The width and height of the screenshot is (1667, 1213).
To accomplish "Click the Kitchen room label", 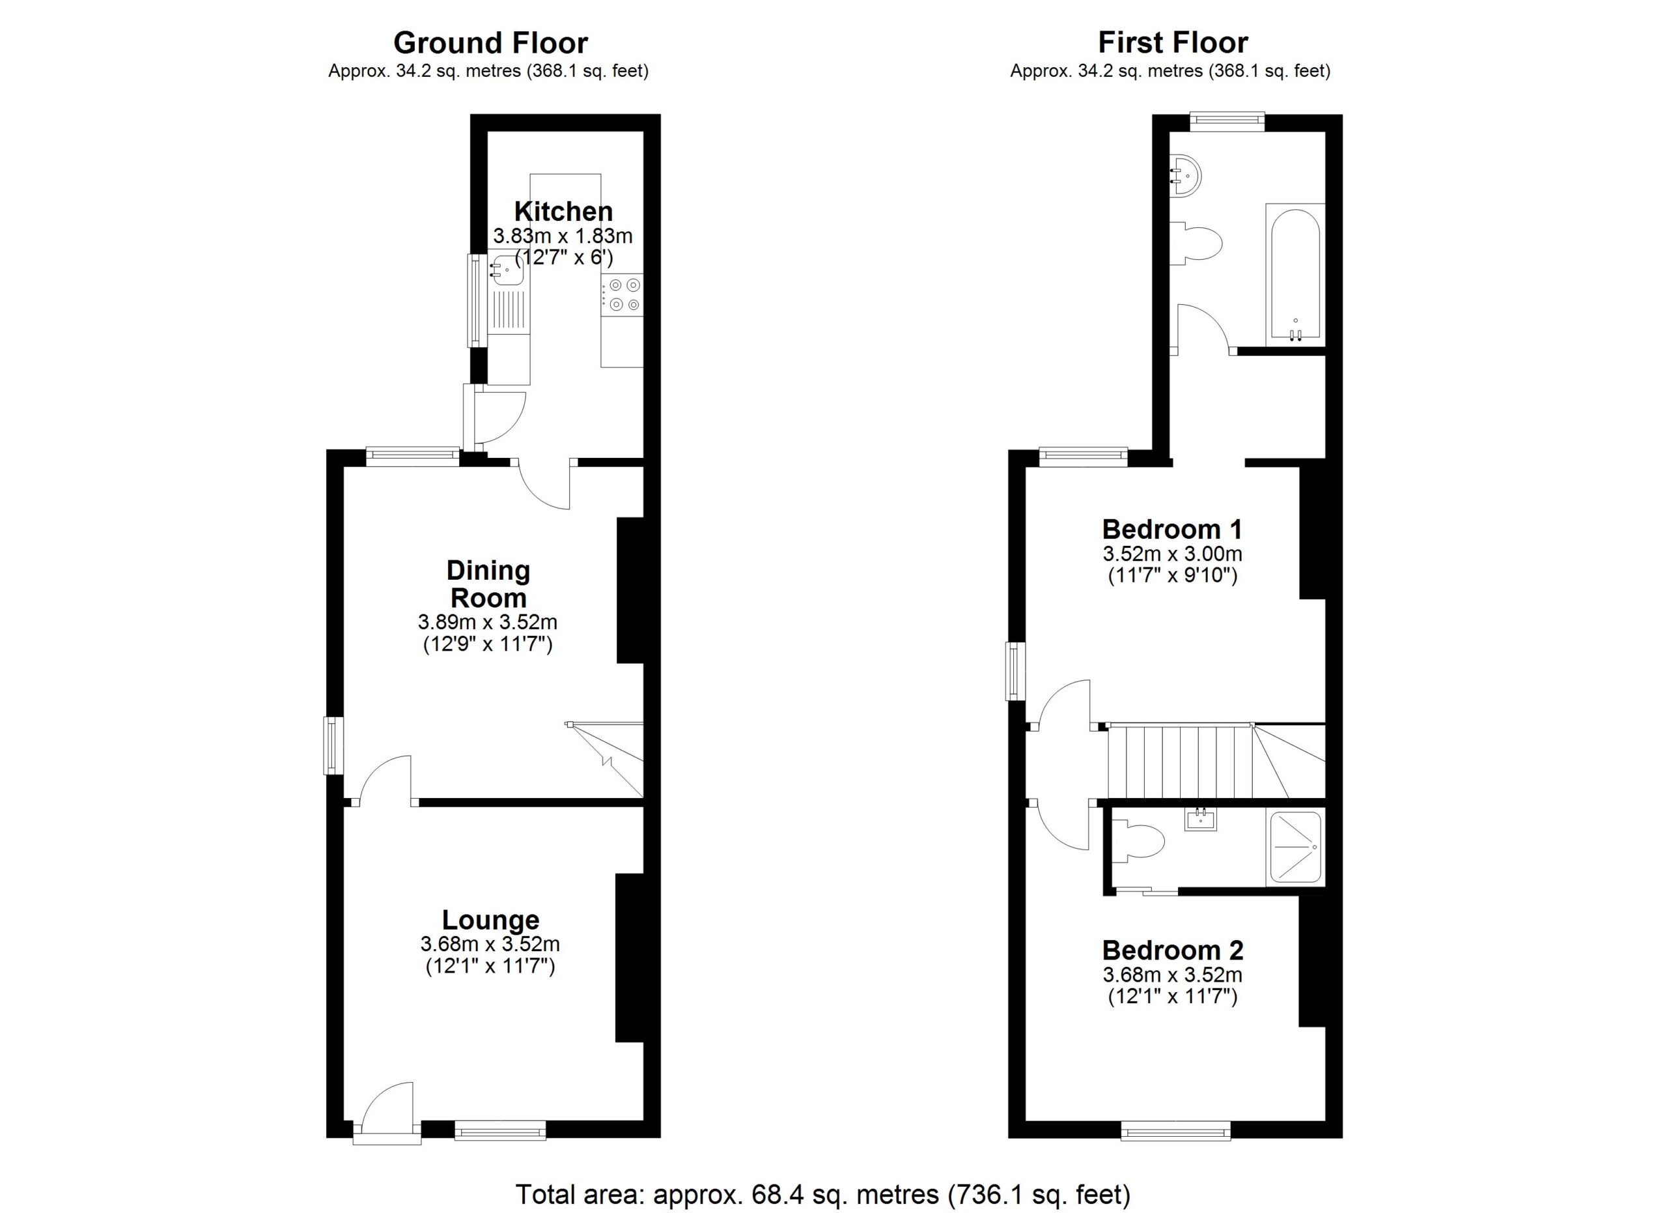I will coord(563,212).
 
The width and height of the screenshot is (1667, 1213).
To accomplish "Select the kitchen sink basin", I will coord(508,270).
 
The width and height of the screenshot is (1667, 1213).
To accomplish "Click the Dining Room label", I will coord(488,584).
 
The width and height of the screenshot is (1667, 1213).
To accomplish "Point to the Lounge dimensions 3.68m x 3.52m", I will coord(490,943).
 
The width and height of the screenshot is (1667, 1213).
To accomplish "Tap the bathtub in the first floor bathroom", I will coord(1295,276).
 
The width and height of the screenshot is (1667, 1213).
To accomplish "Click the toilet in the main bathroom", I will coord(1199,242).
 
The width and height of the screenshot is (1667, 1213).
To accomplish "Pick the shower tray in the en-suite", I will coord(1295,848).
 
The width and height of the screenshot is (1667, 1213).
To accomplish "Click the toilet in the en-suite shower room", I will coord(1140,842).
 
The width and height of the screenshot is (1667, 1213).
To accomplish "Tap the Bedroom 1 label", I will coord(1171,530).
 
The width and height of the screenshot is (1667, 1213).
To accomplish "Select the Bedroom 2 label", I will coord(1172,950).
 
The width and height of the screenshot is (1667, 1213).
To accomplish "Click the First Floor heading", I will coord(1172,42).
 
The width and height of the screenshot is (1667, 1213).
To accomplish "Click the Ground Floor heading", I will coord(490,42).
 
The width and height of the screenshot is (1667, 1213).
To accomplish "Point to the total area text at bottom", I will coord(822,1194).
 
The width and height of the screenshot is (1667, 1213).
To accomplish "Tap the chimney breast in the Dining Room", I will coord(630,590).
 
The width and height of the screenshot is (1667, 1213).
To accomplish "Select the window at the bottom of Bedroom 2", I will coord(1175,1131).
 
